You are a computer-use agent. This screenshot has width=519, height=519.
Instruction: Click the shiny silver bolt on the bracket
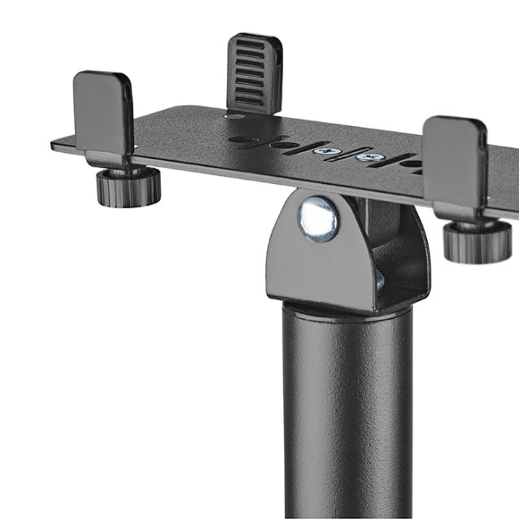coord(316,220)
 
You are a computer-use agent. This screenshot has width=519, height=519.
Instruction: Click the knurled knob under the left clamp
coord(128,186)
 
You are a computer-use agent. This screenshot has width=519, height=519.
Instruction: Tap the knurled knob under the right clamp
coord(477,241)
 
